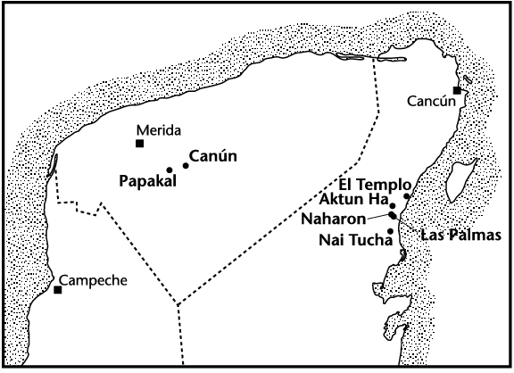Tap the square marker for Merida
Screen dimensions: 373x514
coord(140,143)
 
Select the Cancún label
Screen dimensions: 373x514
coord(431,101)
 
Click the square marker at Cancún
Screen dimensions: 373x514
coord(457,90)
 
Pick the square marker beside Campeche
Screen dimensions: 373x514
coord(57,290)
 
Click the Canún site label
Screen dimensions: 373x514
coord(213,158)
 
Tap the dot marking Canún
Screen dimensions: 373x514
coord(186,165)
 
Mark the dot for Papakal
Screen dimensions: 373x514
coord(170,170)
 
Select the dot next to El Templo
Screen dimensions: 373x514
coord(407,196)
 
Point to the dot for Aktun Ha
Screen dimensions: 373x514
coord(393,205)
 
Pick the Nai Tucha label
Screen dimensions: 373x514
coord(355,238)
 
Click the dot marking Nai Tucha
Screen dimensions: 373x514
coord(390,231)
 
